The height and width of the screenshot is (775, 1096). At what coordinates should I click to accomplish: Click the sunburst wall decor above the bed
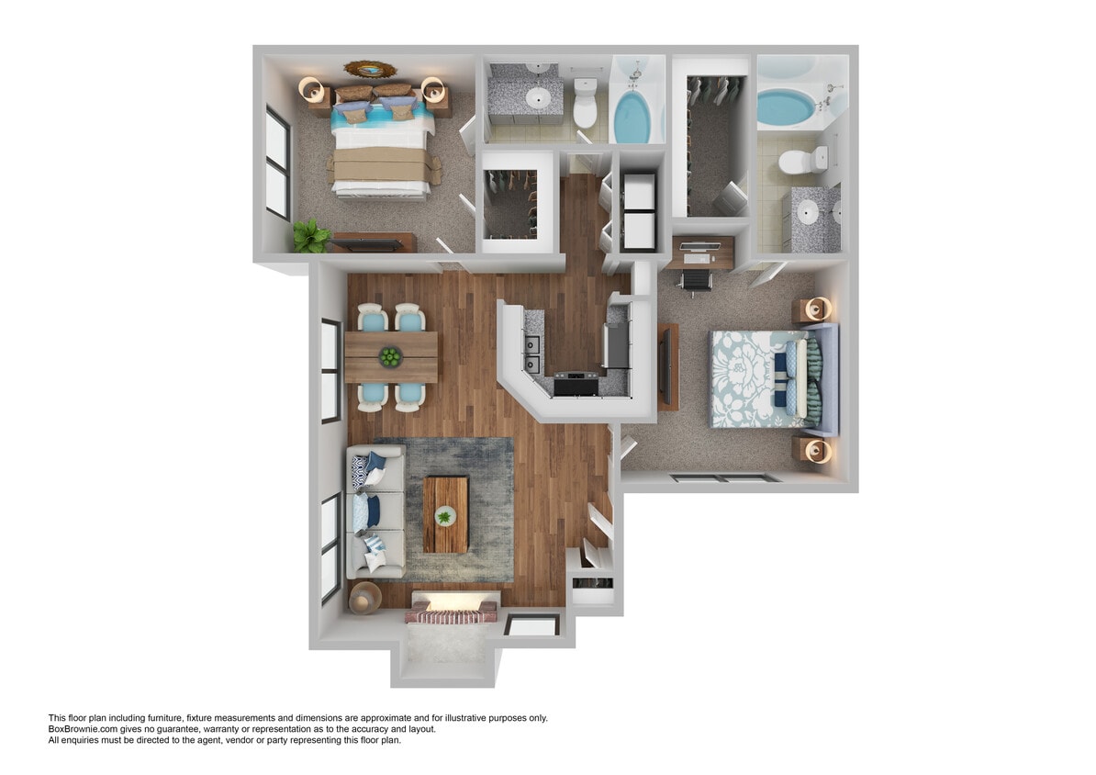(373, 70)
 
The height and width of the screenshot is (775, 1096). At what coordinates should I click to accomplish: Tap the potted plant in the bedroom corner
(311, 237)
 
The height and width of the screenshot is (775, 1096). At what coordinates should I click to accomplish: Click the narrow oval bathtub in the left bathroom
(632, 113)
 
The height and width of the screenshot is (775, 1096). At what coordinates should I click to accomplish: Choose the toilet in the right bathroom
(797, 163)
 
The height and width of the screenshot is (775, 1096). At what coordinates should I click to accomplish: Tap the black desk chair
(699, 276)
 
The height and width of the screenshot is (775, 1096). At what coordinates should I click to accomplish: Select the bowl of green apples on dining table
(391, 356)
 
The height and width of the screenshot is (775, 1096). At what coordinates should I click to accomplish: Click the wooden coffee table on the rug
(445, 514)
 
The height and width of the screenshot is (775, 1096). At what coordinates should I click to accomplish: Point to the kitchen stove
(576, 381)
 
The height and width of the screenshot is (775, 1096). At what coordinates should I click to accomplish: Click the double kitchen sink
(531, 354)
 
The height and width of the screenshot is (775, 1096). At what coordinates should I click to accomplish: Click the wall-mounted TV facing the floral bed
(668, 365)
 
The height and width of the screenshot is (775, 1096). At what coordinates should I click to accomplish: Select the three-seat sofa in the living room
(375, 511)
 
